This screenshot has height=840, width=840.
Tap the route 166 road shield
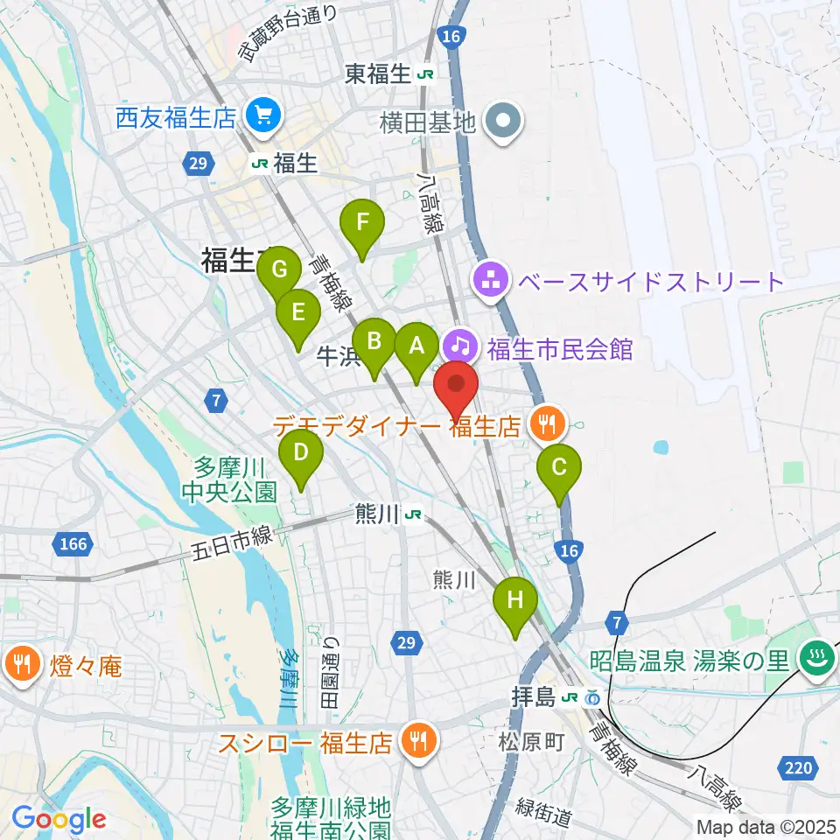click(74, 544)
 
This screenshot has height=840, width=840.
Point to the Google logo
click(59, 819)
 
